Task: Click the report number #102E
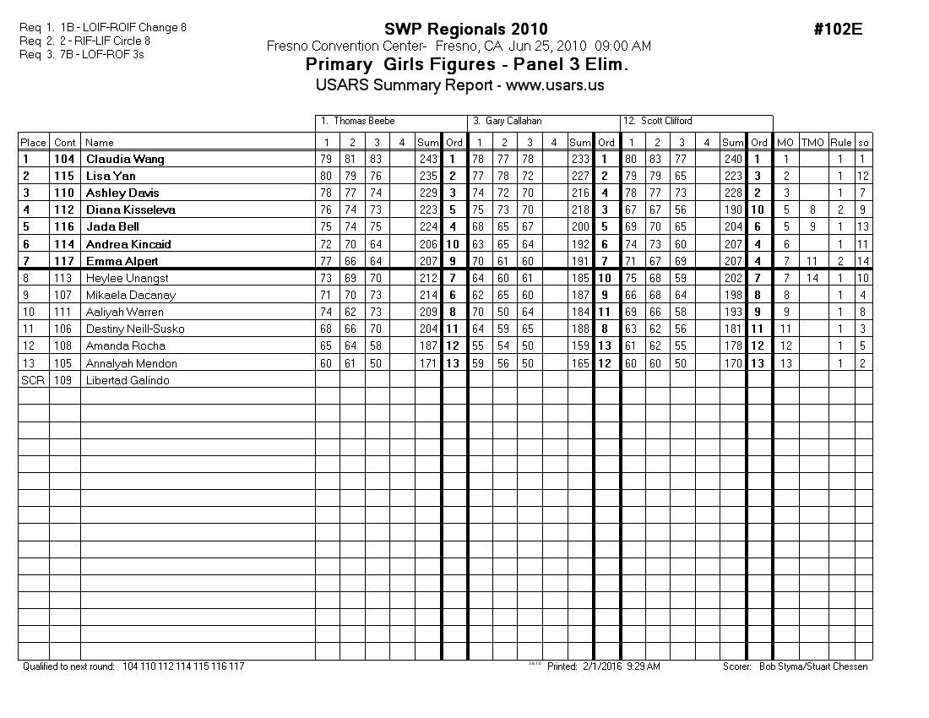click(x=838, y=30)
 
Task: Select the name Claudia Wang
click(x=125, y=159)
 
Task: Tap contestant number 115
click(x=65, y=176)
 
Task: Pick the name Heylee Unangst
click(x=127, y=278)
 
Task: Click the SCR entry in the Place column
click(x=30, y=380)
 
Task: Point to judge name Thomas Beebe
click(x=364, y=122)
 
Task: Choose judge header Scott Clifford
click(x=666, y=122)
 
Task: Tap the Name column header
click(x=100, y=143)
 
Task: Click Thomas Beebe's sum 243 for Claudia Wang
click(x=428, y=159)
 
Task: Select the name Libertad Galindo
click(x=128, y=380)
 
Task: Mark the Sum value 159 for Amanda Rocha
click(x=580, y=345)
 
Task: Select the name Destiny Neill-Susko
click(x=135, y=329)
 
